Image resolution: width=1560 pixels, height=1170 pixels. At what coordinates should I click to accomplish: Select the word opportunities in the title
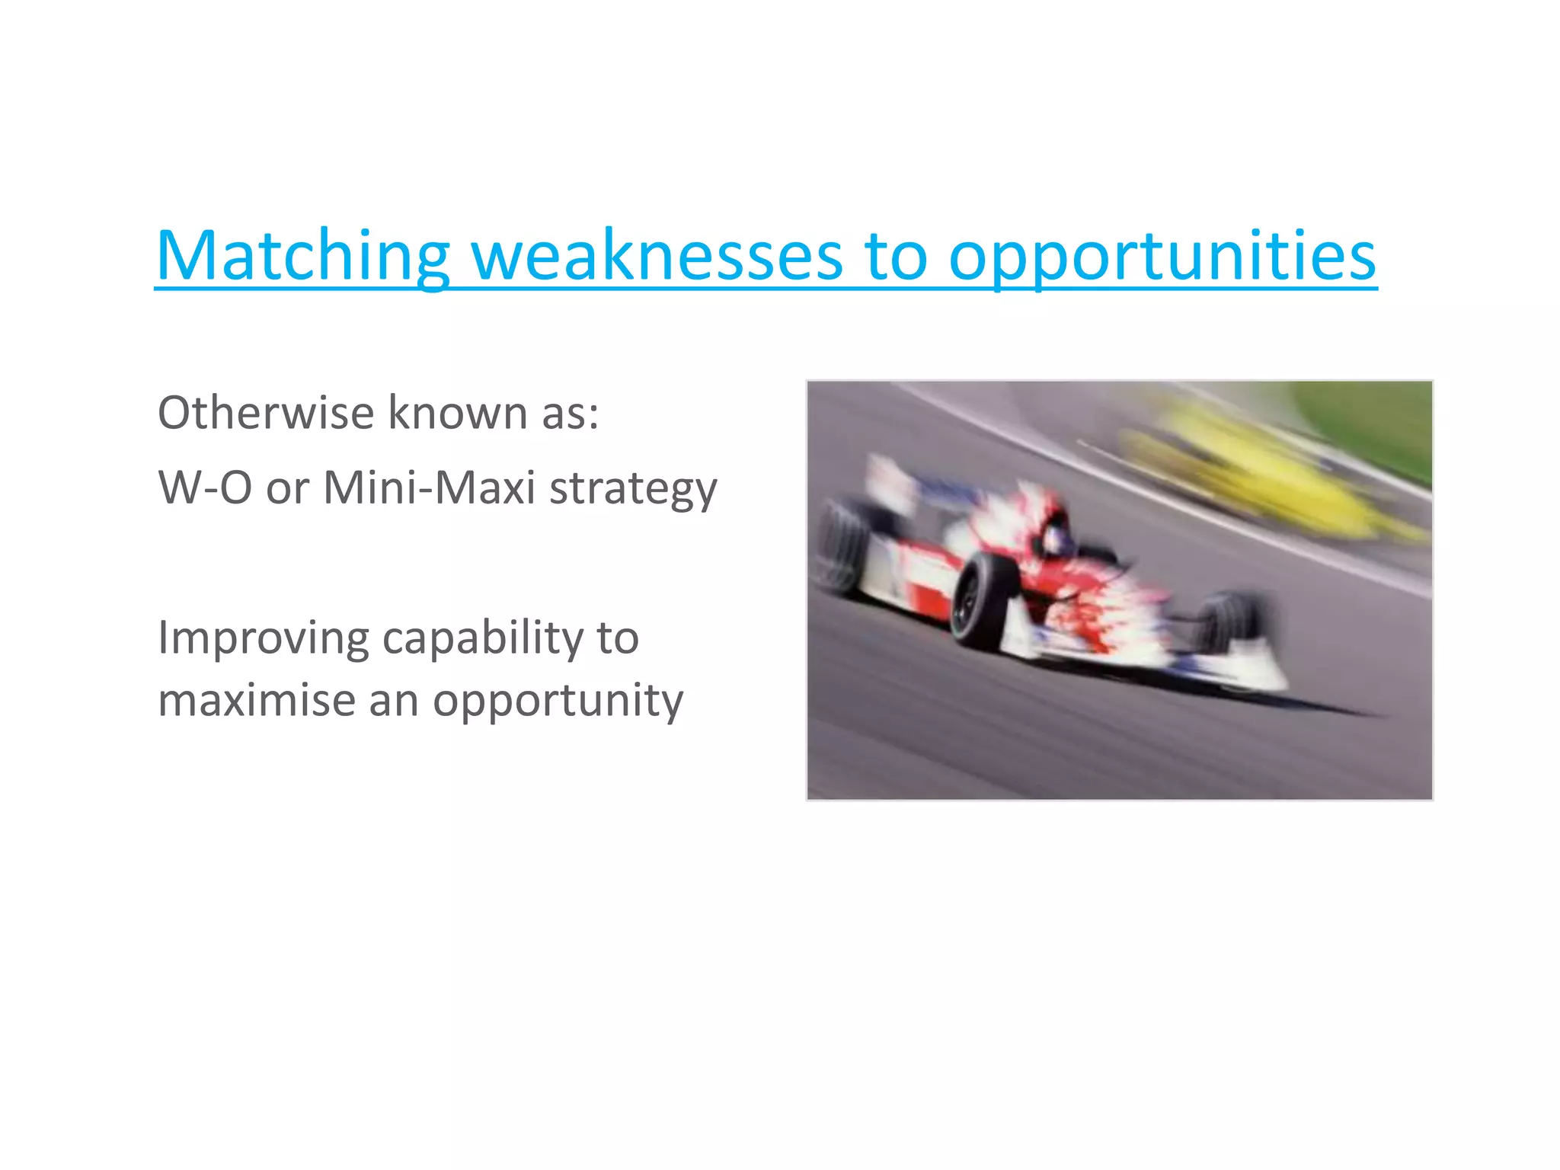coord(1162,256)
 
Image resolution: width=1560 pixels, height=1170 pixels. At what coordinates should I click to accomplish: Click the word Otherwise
coord(266,413)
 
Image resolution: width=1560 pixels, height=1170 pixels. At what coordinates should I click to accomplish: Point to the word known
coord(458,413)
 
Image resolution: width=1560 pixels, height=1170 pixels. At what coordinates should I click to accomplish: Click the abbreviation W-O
coord(205,487)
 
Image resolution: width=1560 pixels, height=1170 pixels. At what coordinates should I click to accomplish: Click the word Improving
coord(263,638)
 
